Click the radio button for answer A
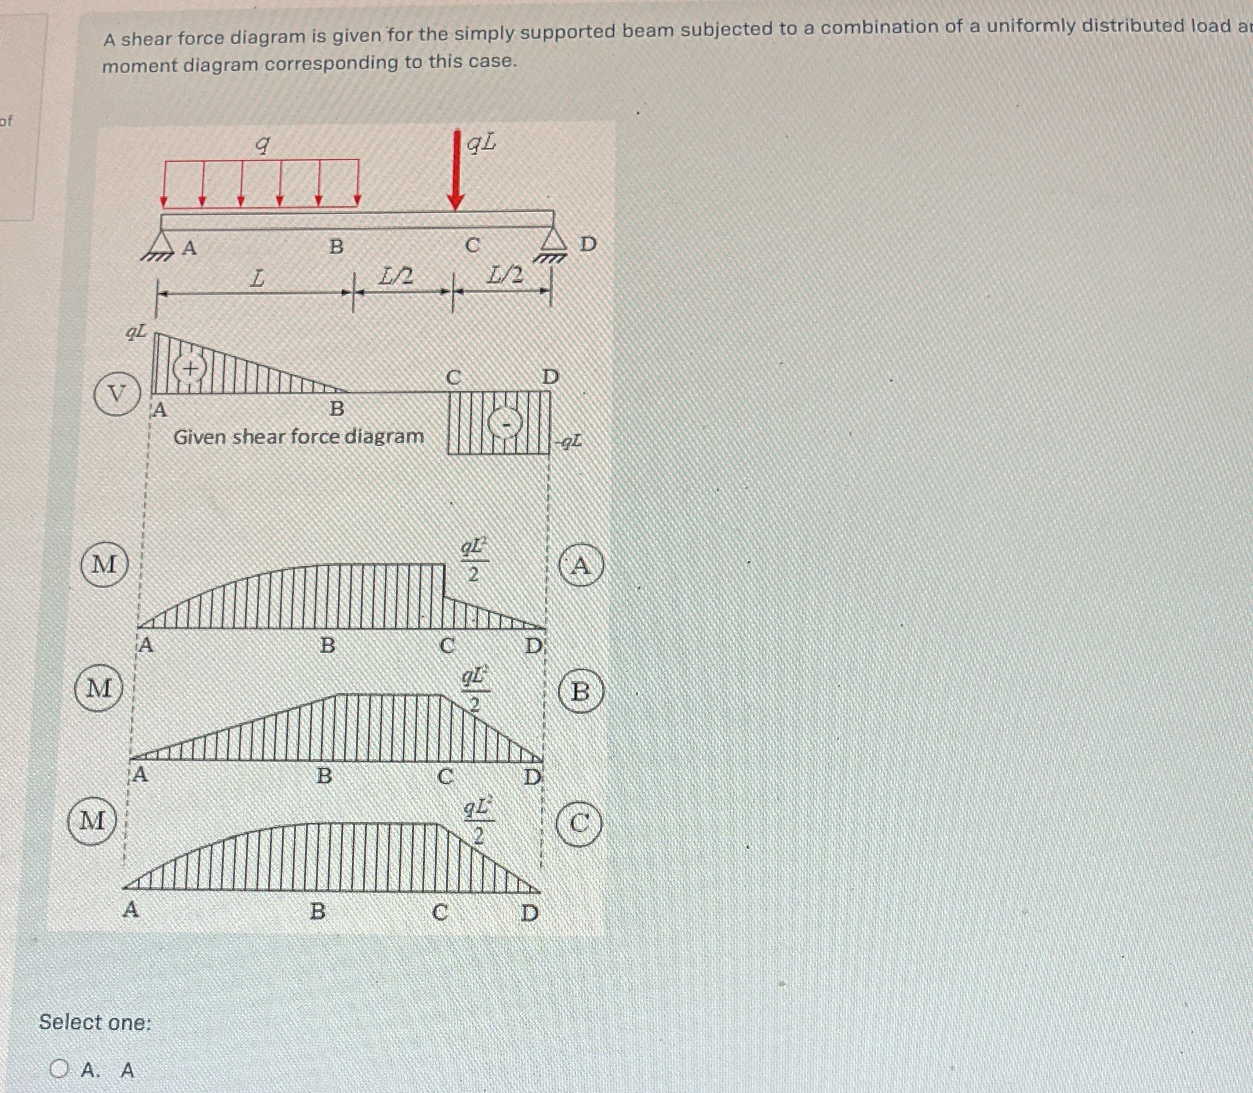pos(59,1069)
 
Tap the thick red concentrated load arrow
pos(456,171)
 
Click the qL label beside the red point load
pos(481,143)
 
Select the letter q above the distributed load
pos(262,144)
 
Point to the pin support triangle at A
pos(159,243)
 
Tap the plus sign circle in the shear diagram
pos(190,369)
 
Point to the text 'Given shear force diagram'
pos(298,437)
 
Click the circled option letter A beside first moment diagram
pos(581,566)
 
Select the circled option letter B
pos(581,691)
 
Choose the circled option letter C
pos(579,825)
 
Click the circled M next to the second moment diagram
pos(100,688)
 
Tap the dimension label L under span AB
pos(258,279)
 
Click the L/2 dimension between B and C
pos(396,277)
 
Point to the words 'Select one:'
pos(94,1022)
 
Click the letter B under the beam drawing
pos(336,247)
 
